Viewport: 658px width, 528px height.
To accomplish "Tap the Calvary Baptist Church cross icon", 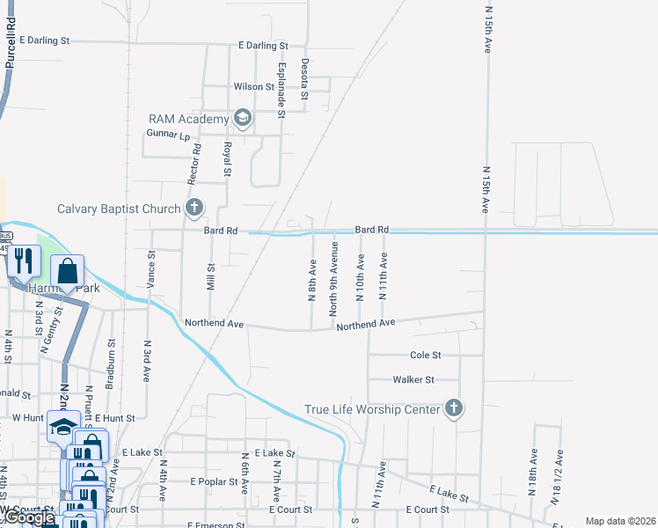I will tap(194, 209).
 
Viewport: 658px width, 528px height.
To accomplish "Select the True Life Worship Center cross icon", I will tap(453, 408).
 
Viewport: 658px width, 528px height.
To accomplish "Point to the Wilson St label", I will tap(254, 87).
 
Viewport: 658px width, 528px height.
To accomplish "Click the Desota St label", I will tap(304, 78).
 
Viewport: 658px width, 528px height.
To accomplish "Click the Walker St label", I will tap(413, 380).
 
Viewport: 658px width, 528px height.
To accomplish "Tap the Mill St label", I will tap(210, 279).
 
